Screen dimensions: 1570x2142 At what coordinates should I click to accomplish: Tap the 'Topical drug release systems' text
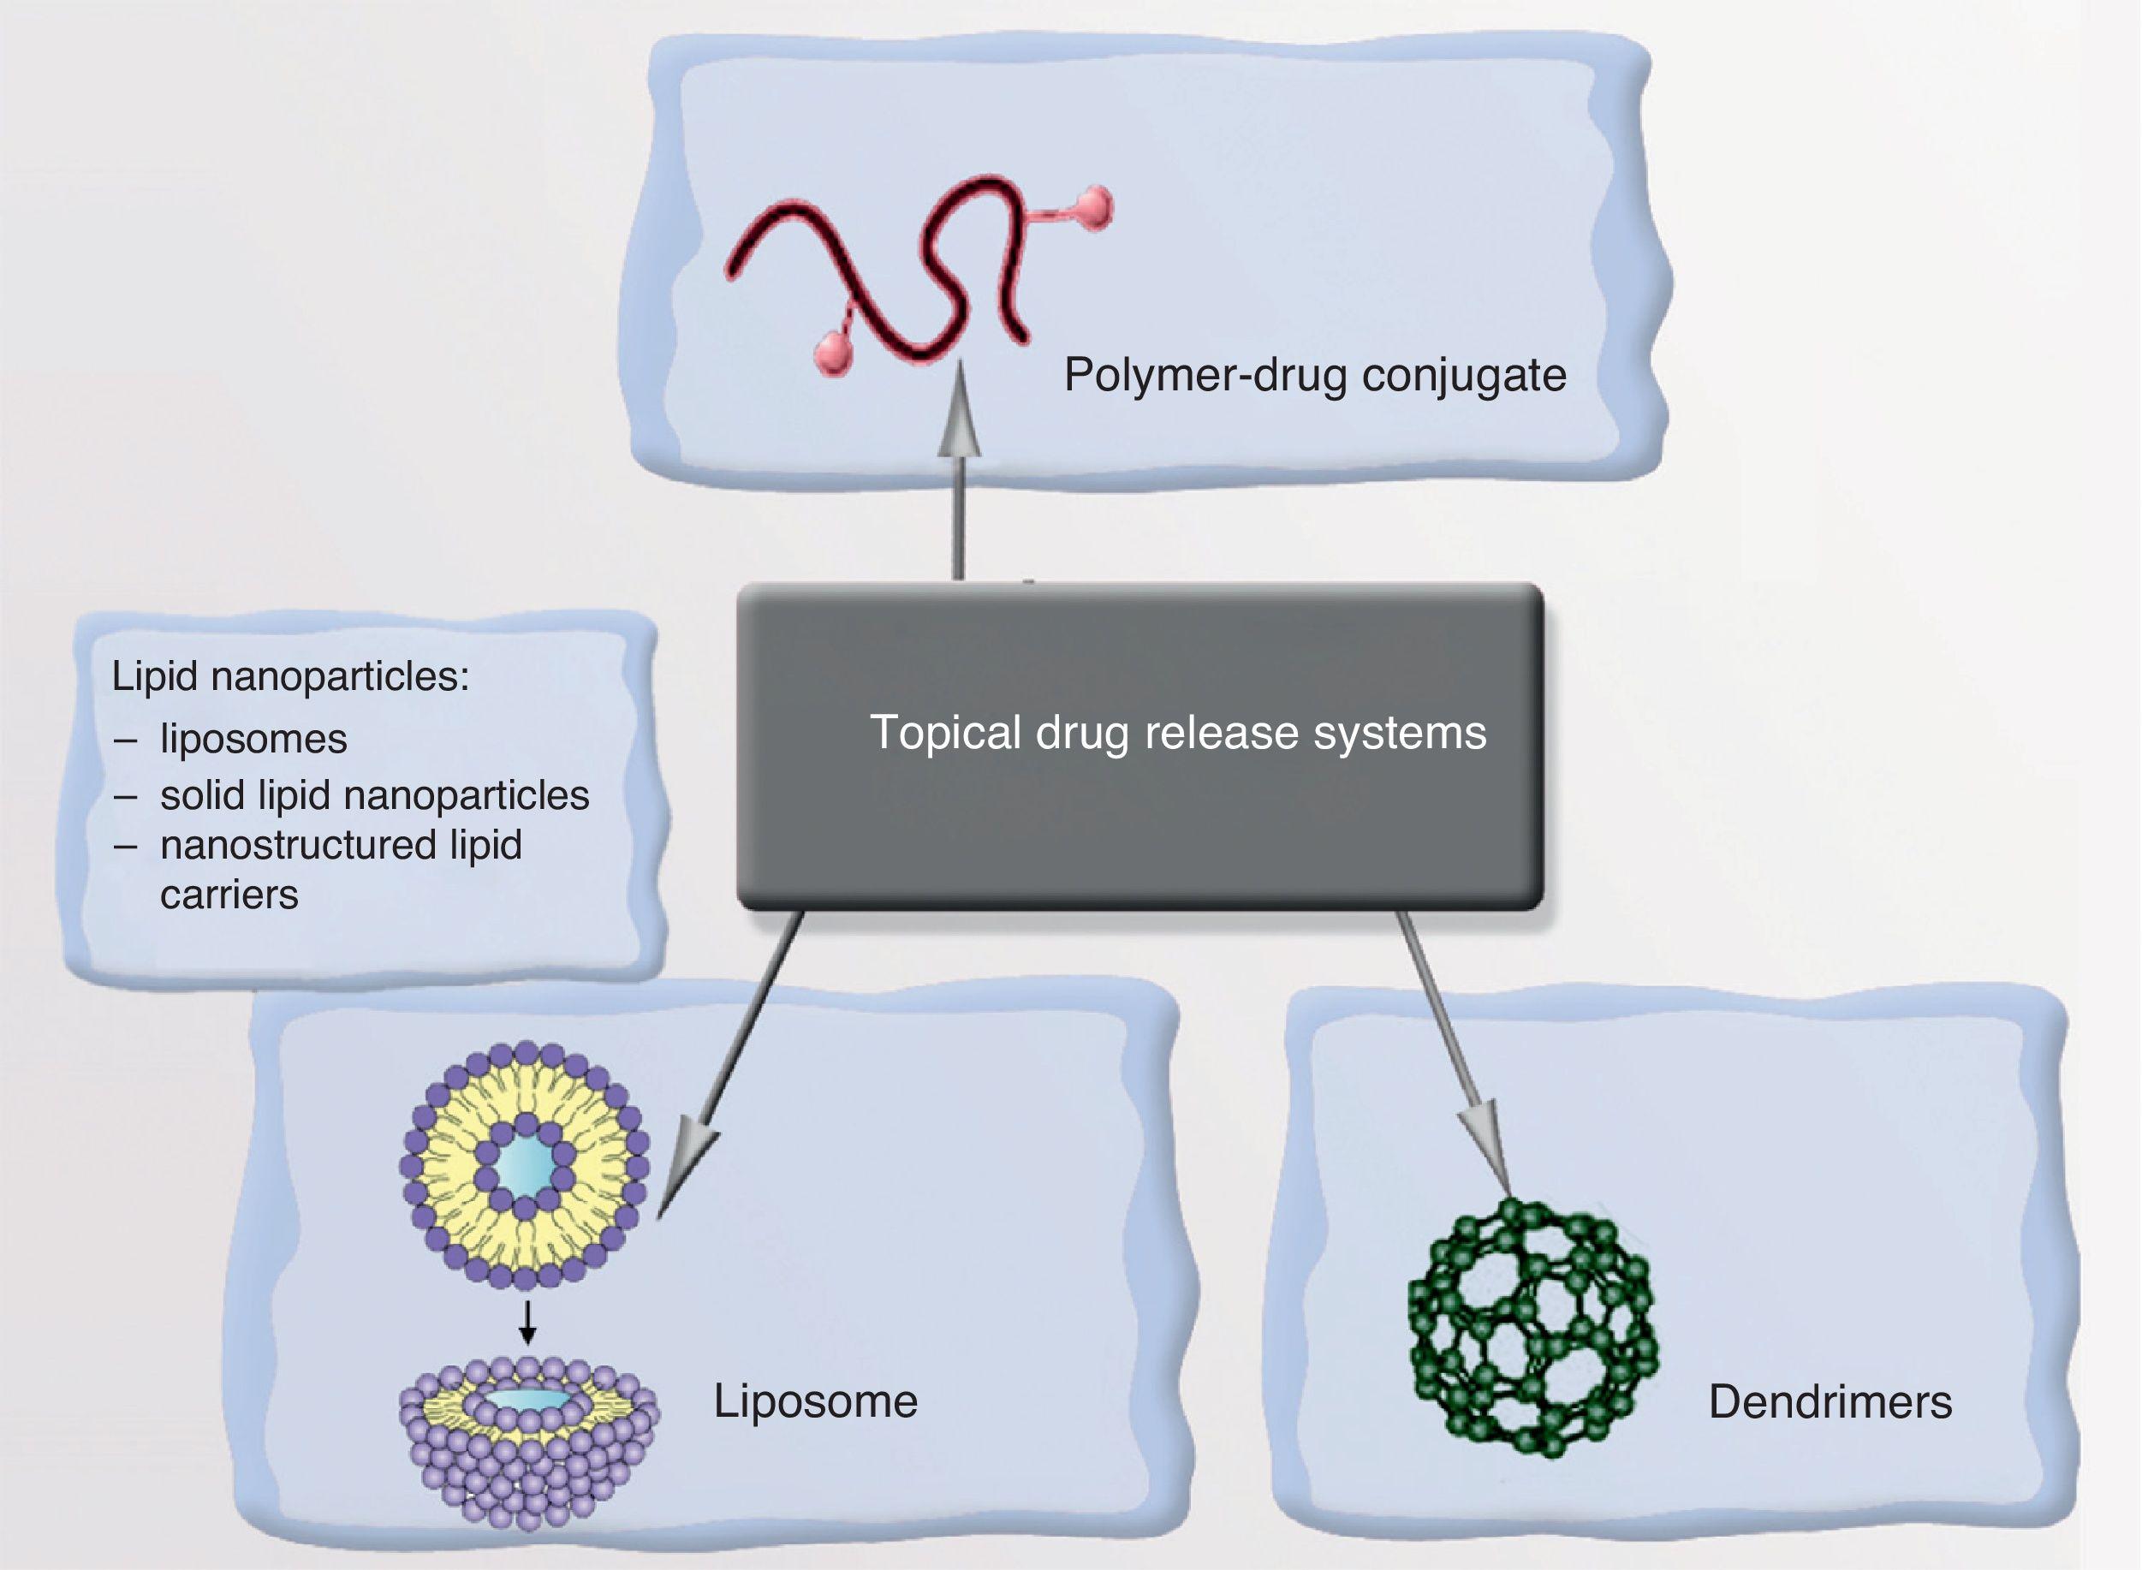(1177, 733)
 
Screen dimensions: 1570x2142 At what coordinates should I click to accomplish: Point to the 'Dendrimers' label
(1830, 1402)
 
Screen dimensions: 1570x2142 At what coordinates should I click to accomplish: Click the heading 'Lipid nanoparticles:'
(291, 676)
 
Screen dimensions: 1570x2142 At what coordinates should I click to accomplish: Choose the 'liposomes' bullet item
(253, 740)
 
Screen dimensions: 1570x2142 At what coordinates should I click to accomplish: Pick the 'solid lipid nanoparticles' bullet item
(374, 795)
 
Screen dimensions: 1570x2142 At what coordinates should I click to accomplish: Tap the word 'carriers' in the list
(229, 895)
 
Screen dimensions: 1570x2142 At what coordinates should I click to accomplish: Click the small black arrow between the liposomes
(528, 1323)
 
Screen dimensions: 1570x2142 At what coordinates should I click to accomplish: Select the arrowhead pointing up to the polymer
(960, 418)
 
